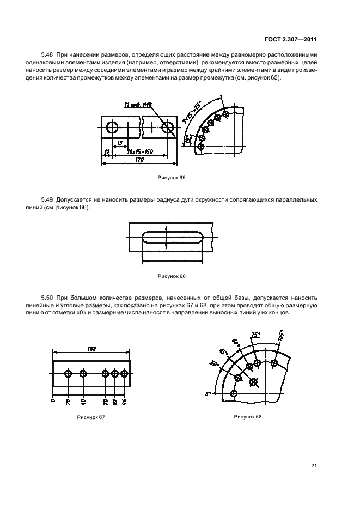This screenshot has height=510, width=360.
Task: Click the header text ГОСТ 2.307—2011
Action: click(x=292, y=40)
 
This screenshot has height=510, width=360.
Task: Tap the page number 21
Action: click(x=314, y=465)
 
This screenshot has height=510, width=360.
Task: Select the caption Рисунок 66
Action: click(x=171, y=276)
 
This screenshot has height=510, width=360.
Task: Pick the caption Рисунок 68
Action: click(x=248, y=417)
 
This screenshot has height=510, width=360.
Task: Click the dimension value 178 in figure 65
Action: click(x=138, y=159)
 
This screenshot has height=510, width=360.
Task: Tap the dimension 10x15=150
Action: click(x=139, y=151)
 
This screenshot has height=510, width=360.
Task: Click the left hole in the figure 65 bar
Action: click(x=112, y=128)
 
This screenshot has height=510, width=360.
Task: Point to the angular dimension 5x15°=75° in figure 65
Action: click(x=206, y=112)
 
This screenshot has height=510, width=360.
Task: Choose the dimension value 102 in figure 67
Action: click(x=91, y=349)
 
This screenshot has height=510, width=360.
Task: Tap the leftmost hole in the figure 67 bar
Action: click(x=68, y=373)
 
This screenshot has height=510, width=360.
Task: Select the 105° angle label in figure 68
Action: click(x=281, y=336)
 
